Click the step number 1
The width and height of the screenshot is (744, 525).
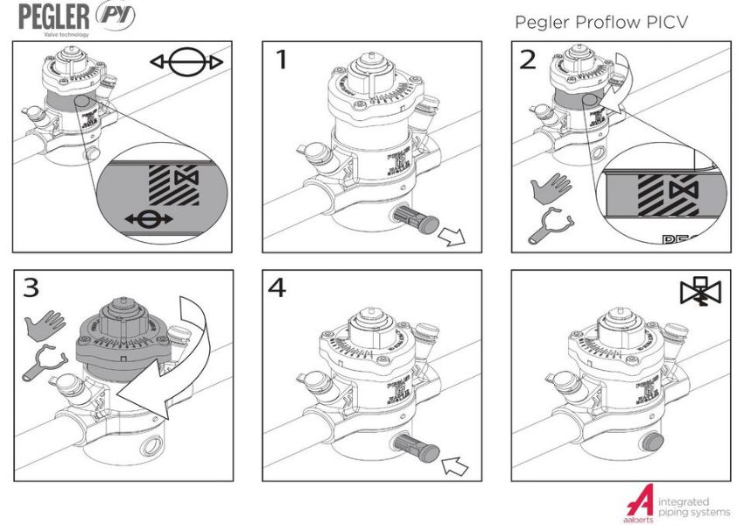(x=282, y=61)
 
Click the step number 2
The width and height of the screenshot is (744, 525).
(x=528, y=60)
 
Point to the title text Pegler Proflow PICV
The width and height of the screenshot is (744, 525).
(x=600, y=21)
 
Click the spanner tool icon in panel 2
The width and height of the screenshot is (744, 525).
(x=549, y=227)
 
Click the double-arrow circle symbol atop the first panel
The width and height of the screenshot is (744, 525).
(x=186, y=63)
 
